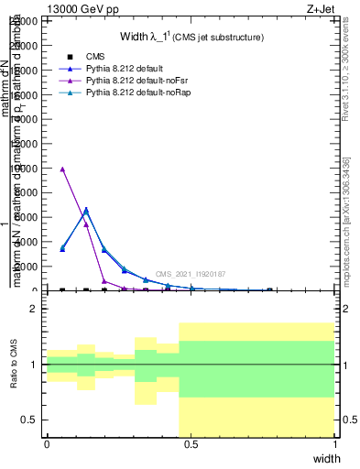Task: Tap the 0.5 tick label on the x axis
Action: [x=191, y=443]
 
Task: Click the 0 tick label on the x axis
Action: [x=47, y=443]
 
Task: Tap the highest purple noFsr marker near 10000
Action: [x=61, y=169]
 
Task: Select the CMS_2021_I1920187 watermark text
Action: [x=191, y=274]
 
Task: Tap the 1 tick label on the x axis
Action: [x=335, y=443]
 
